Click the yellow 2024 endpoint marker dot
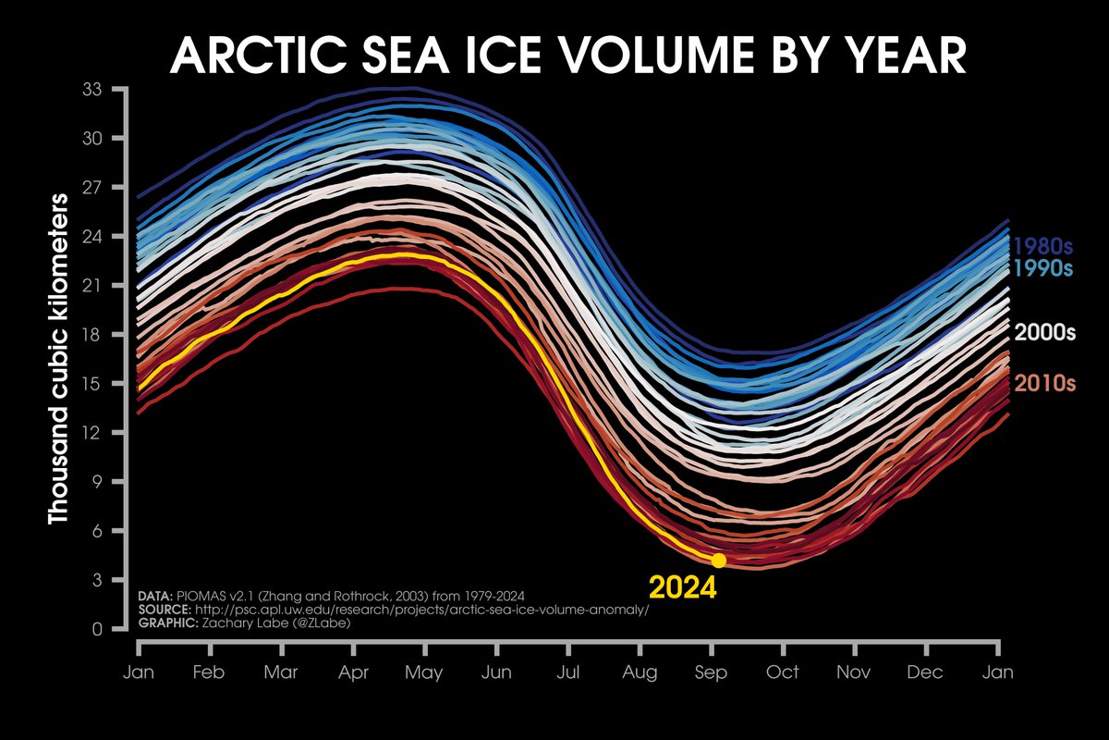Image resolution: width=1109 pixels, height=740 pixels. pyautogui.click(x=718, y=561)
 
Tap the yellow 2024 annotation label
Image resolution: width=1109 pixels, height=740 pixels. pyautogui.click(x=683, y=588)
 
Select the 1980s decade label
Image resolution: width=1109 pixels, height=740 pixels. pyautogui.click(x=1043, y=247)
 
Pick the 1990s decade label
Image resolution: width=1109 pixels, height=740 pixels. pyautogui.click(x=1043, y=269)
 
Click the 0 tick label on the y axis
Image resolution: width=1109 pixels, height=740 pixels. pyautogui.click(x=96, y=630)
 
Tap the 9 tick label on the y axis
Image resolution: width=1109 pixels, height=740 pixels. pyautogui.click(x=96, y=482)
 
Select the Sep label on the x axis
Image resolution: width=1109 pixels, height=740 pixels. pyautogui.click(x=711, y=672)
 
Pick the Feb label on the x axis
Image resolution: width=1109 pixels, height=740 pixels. pyautogui.click(x=207, y=672)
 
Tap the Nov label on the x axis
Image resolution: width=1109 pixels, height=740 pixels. pyautogui.click(x=854, y=672)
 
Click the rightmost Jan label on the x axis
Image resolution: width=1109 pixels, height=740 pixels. pyautogui.click(x=998, y=672)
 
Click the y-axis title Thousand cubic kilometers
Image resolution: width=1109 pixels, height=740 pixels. pyautogui.click(x=58, y=359)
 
